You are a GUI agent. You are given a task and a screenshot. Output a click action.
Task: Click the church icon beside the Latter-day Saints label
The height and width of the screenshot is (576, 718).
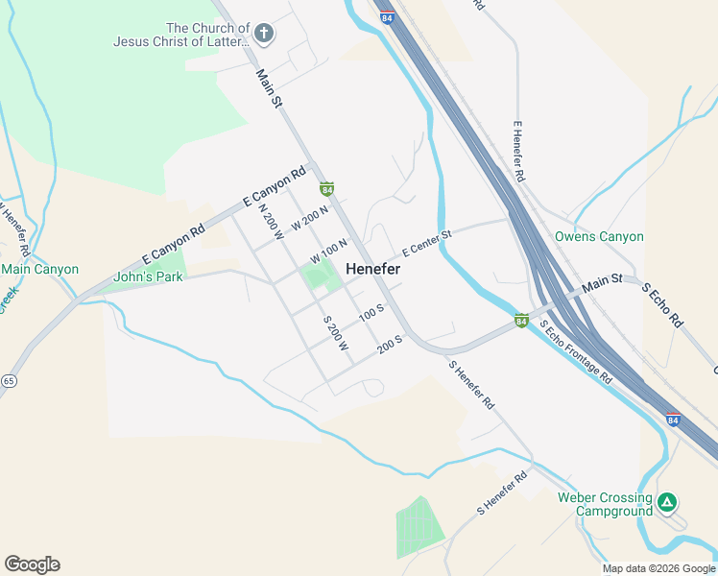264,34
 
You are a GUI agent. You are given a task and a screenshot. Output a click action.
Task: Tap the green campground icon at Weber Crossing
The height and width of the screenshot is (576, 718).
667,501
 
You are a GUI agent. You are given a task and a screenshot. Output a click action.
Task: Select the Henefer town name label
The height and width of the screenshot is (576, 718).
372,270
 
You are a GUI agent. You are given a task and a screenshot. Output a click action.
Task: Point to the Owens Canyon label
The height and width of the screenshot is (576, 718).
599,236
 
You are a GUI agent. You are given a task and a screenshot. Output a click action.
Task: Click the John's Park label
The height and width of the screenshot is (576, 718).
148,276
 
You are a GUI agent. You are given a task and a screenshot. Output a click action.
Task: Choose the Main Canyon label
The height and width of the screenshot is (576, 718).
40,269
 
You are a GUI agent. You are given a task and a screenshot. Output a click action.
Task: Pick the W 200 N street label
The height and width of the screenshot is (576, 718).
310,219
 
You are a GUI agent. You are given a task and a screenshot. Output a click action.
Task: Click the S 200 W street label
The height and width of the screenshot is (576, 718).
334,332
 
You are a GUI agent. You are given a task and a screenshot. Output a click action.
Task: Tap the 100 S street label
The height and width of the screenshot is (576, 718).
371,313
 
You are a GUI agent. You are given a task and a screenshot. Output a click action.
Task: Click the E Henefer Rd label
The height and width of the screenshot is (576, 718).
518,152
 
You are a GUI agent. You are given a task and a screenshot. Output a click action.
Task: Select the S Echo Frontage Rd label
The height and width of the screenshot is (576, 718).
575,351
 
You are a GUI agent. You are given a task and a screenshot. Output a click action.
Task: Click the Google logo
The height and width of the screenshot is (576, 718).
32,564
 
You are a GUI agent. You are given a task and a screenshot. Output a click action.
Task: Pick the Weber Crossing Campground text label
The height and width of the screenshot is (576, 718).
606,504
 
